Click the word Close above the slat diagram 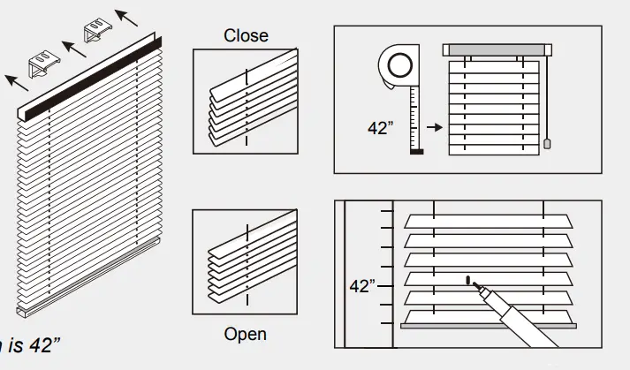point(246,36)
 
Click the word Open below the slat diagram point(245,335)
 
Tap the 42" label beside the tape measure point(380,127)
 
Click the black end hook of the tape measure point(417,152)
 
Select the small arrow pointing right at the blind point(432,128)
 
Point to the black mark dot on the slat point(466,281)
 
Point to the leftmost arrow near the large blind point(15,82)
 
